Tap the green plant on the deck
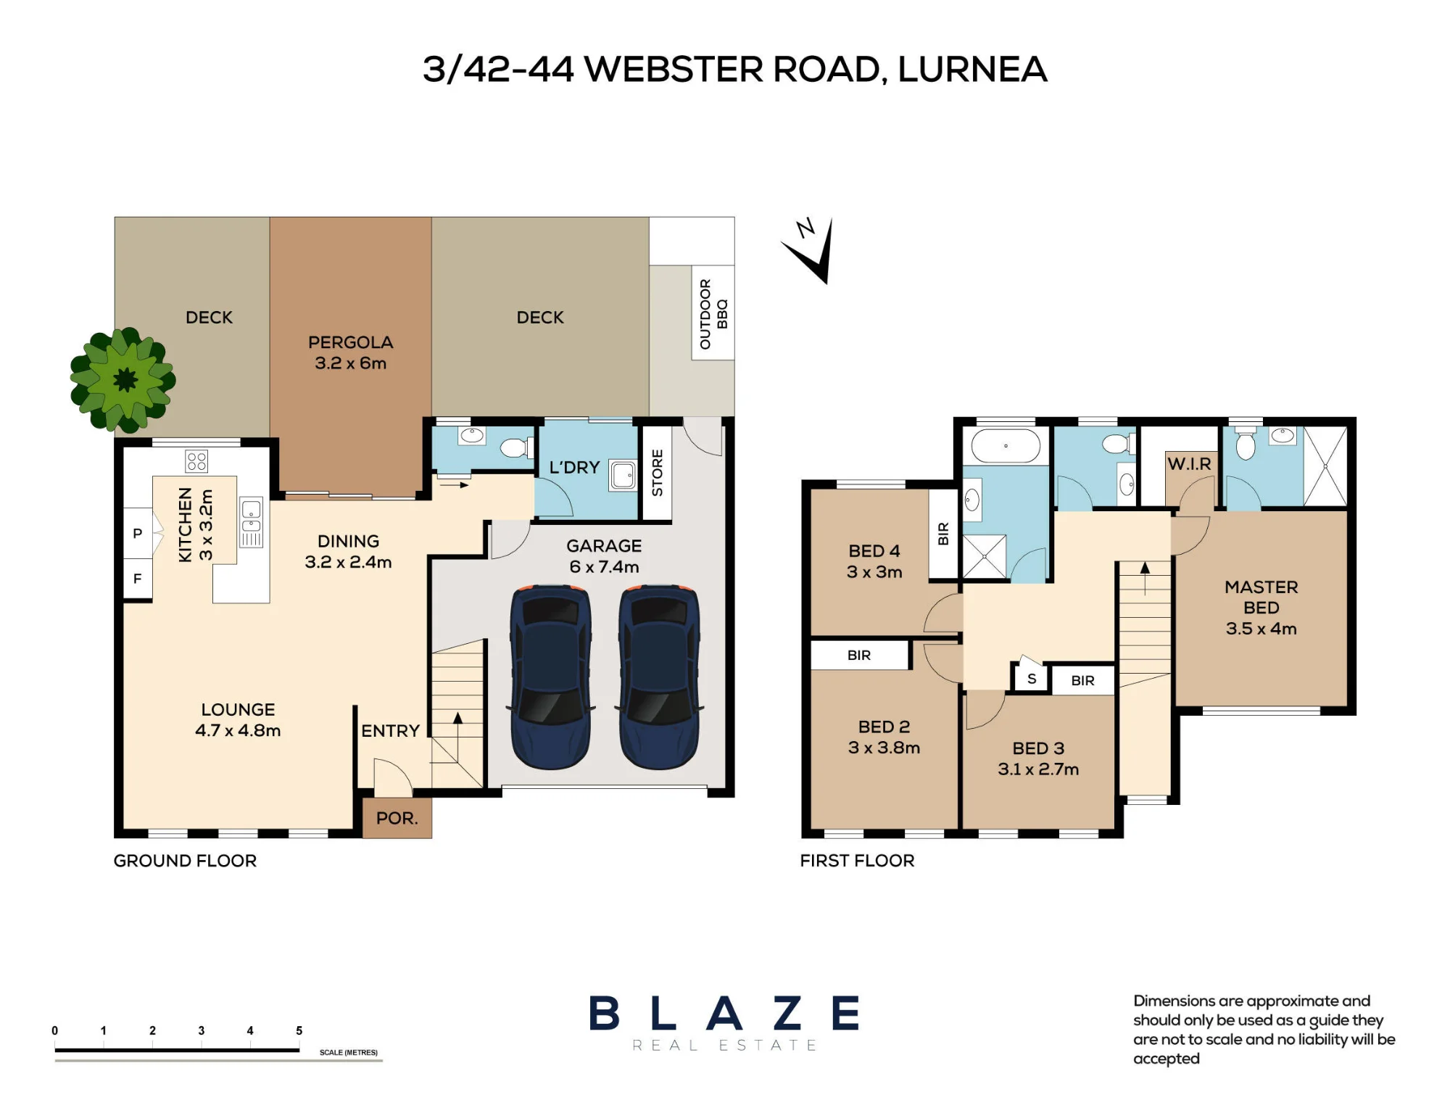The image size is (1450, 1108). pyautogui.click(x=123, y=379)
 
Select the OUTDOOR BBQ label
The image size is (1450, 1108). pyautogui.click(x=713, y=314)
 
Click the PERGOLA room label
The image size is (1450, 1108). pyautogui.click(x=351, y=342)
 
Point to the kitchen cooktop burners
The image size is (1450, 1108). pyautogui.click(x=196, y=460)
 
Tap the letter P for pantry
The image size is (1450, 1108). pyautogui.click(x=137, y=534)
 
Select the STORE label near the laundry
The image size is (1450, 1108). pyautogui.click(x=658, y=473)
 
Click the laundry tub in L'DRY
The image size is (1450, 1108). pyautogui.click(x=622, y=475)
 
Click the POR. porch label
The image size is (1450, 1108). pyautogui.click(x=397, y=818)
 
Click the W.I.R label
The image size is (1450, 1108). pyautogui.click(x=1189, y=464)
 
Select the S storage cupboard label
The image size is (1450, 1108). pyautogui.click(x=1032, y=679)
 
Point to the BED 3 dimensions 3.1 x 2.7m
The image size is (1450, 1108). pyautogui.click(x=1038, y=769)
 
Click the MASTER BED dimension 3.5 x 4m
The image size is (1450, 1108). pyautogui.click(x=1261, y=629)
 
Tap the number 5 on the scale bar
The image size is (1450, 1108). pyautogui.click(x=299, y=1030)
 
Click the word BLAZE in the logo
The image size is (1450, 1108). pyautogui.click(x=724, y=1013)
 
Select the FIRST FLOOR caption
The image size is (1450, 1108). pyautogui.click(x=857, y=861)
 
